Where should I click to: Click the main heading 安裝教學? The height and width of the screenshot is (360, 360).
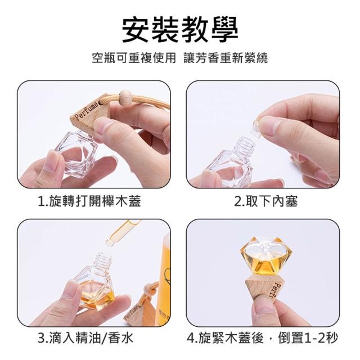click(180, 30)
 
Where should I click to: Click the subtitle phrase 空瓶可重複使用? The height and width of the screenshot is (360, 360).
click(134, 58)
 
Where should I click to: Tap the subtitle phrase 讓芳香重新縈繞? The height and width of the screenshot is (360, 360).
click(226, 58)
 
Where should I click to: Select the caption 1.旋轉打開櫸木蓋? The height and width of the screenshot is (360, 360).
click(89, 201)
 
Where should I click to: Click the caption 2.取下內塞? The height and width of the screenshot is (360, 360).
click(266, 201)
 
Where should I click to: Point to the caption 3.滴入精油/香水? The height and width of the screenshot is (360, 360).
click(85, 338)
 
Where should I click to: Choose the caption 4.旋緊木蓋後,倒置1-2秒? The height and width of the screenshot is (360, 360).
click(263, 338)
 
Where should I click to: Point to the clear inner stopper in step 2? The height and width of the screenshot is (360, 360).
click(259, 128)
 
